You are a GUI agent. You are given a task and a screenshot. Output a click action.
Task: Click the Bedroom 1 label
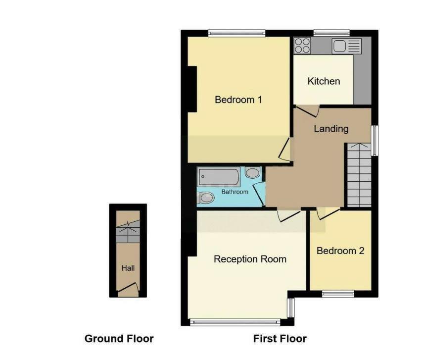[238, 100]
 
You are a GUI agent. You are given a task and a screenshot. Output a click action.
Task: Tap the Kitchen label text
[324, 81]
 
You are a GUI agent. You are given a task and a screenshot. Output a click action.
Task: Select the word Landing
[331, 129]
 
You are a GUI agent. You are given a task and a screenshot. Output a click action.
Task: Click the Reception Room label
[250, 259]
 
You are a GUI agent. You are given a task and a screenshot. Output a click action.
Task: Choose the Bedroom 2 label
[340, 251]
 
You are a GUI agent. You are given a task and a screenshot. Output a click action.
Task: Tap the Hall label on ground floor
[128, 268]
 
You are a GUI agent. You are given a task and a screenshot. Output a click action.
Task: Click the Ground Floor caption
[119, 339]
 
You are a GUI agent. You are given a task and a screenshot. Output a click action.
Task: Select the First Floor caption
[280, 339]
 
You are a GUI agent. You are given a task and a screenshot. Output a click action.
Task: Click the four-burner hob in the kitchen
[302, 46]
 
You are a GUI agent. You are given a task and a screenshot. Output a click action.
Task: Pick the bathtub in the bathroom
[219, 176]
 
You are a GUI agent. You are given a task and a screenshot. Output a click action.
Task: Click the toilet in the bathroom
[205, 199]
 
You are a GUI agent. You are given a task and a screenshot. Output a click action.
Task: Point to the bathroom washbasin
[252, 173]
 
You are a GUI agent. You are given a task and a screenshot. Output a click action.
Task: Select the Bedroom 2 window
[338, 294]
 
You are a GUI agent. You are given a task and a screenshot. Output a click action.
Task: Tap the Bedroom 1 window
[235, 33]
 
